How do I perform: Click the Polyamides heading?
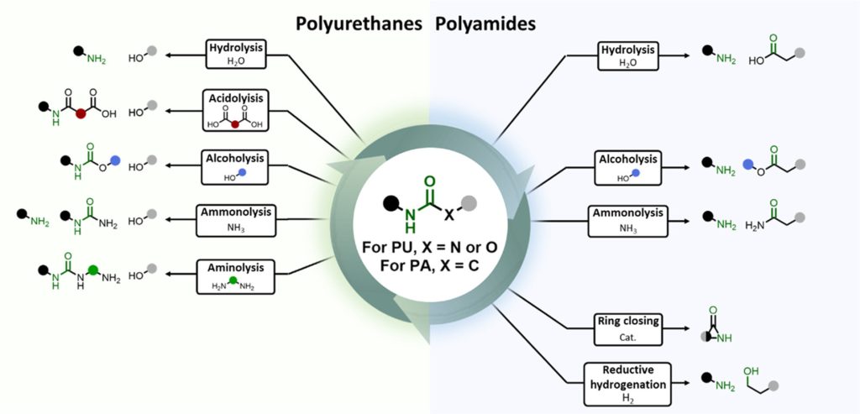[x=485, y=24]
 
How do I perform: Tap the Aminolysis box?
[x=235, y=274]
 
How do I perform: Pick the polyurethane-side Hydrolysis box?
[x=235, y=54]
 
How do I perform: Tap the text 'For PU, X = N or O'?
[x=429, y=247]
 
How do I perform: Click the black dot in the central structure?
[x=391, y=202]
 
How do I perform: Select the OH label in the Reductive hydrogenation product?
[x=750, y=370]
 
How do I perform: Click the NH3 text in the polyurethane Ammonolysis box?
[x=235, y=228]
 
